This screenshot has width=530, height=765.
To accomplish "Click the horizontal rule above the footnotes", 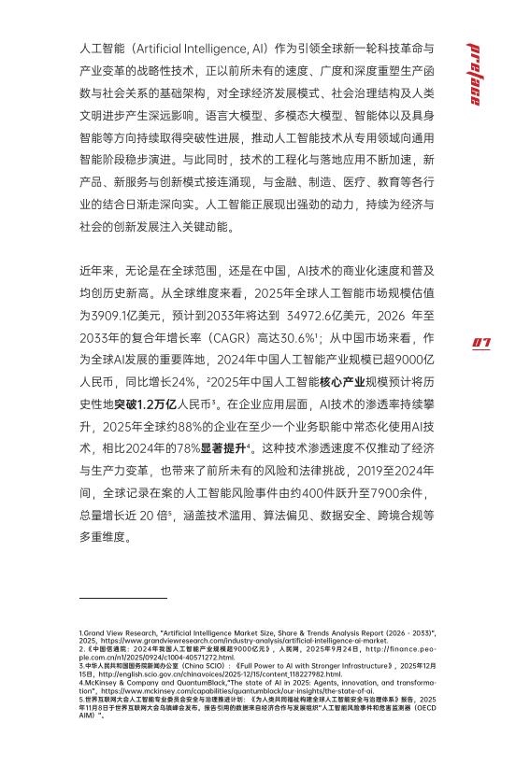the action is click(x=123, y=597).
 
